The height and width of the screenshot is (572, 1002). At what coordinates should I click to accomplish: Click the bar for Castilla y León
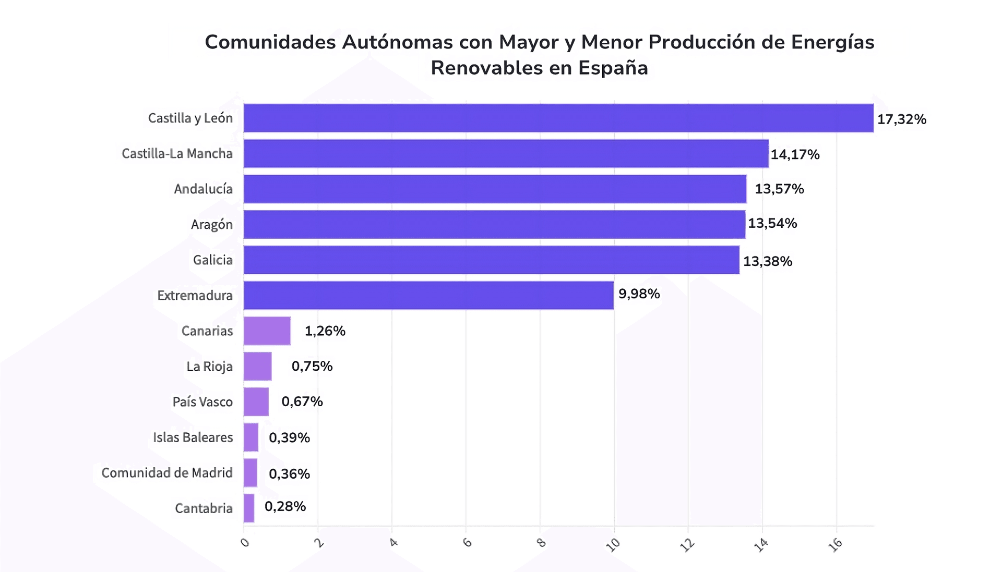[558, 118]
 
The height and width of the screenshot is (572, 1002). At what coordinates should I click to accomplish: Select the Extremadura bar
[428, 296]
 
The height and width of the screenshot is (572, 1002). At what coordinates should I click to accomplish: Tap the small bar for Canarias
[267, 331]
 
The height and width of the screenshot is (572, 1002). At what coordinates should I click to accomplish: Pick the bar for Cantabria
[249, 508]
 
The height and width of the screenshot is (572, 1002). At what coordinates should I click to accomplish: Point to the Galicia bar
[491, 260]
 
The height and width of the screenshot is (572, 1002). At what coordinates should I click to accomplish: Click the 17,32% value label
[901, 119]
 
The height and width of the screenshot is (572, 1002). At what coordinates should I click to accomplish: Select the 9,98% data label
[639, 294]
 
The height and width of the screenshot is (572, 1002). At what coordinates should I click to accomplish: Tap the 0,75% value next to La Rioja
[312, 367]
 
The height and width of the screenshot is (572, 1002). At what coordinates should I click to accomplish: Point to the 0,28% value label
[285, 507]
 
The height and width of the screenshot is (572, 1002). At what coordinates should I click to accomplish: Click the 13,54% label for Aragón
[772, 224]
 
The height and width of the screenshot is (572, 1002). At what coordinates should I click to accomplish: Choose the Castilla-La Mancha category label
[177, 154]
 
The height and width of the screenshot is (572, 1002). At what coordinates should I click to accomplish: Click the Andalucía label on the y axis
[203, 189]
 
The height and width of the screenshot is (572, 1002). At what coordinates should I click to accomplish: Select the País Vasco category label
[202, 402]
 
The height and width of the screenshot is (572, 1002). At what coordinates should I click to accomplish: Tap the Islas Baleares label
[193, 437]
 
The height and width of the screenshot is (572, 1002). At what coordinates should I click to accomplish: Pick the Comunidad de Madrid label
[166, 473]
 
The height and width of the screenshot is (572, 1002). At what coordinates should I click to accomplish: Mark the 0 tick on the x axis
[245, 543]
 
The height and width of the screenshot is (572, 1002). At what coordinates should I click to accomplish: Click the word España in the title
[613, 68]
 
